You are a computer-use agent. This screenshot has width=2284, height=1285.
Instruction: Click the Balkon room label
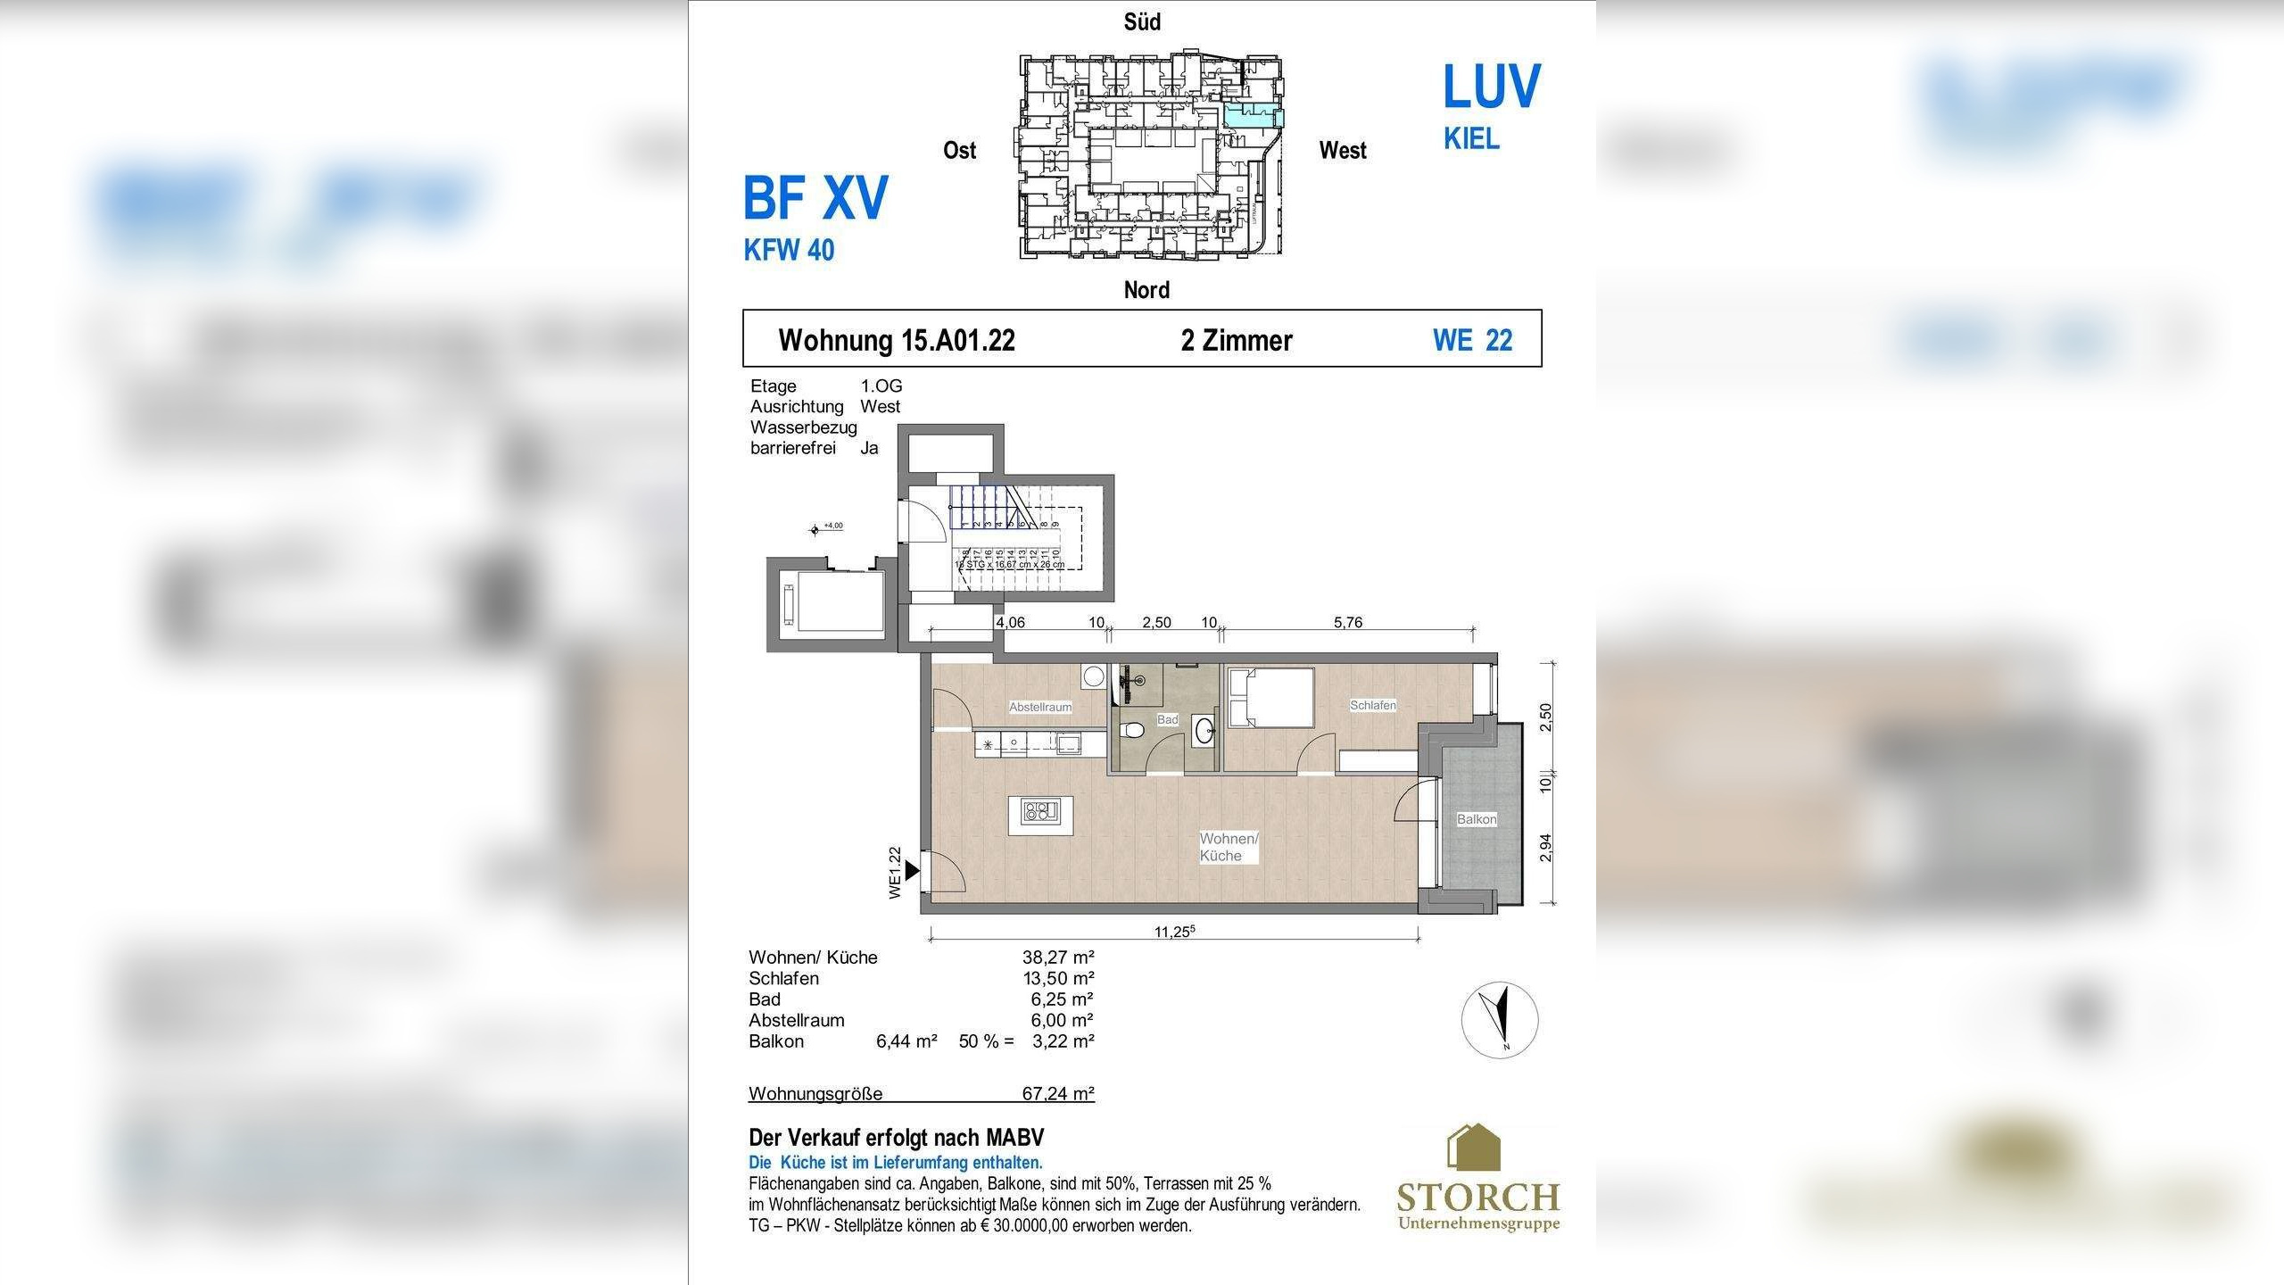click(x=1477, y=819)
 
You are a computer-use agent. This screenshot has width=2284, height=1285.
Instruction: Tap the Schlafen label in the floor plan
click(x=1372, y=705)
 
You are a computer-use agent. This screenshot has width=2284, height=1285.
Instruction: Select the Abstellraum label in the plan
click(x=1040, y=707)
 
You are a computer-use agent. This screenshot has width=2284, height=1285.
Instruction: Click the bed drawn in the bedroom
click(x=1270, y=697)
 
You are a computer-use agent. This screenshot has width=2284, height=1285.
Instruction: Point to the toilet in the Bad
click(x=1133, y=730)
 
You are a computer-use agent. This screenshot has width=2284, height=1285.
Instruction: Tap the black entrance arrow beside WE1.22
click(x=911, y=870)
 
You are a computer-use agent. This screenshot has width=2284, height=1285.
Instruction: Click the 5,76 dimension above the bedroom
click(x=1347, y=623)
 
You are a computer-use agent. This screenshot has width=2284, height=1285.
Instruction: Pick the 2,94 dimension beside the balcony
click(x=1545, y=848)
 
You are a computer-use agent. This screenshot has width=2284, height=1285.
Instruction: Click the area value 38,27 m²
click(x=1058, y=958)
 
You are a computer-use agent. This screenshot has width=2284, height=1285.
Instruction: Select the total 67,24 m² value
click(x=1058, y=1093)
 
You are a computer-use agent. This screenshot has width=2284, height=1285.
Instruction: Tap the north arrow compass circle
click(x=1500, y=1020)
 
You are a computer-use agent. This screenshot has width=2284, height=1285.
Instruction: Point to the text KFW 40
click(x=789, y=250)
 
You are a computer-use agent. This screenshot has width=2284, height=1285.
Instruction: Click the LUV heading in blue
click(x=1491, y=87)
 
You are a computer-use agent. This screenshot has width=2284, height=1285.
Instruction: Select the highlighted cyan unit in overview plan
click(x=1253, y=114)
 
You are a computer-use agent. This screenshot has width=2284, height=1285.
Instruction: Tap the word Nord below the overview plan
click(x=1146, y=290)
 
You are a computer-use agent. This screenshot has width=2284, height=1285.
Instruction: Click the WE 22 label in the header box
click(x=1472, y=340)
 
